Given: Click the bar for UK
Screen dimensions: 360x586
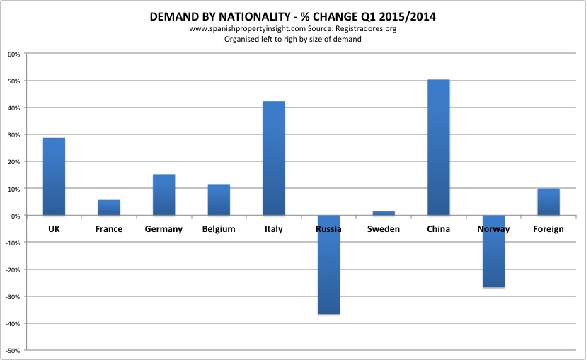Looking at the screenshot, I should (x=54, y=176).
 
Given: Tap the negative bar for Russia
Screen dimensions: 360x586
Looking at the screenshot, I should (x=328, y=265).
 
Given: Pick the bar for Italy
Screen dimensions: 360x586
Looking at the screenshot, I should (x=274, y=158).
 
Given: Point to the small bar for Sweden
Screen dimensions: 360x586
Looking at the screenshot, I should (x=384, y=213).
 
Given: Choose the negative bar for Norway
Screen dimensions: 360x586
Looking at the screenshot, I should (x=493, y=251).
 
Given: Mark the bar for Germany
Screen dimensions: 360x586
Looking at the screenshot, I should (x=163, y=194).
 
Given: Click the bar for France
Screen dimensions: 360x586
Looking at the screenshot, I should (x=109, y=207).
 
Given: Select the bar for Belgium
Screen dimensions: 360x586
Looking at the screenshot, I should (x=219, y=199).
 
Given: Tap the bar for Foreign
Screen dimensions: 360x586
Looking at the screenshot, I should (x=548, y=202).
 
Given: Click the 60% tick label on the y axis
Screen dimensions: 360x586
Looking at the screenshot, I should (x=13, y=54).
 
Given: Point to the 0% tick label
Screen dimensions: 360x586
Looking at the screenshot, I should (x=16, y=215).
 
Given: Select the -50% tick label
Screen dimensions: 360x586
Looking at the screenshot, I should (x=12, y=350).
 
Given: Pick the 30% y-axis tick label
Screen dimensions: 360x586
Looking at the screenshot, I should (x=13, y=134).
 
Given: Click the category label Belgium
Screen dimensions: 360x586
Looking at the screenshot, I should (x=219, y=229).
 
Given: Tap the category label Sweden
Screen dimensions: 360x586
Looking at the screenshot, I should (x=384, y=229).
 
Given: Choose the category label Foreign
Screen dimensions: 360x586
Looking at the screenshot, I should (x=548, y=229).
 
